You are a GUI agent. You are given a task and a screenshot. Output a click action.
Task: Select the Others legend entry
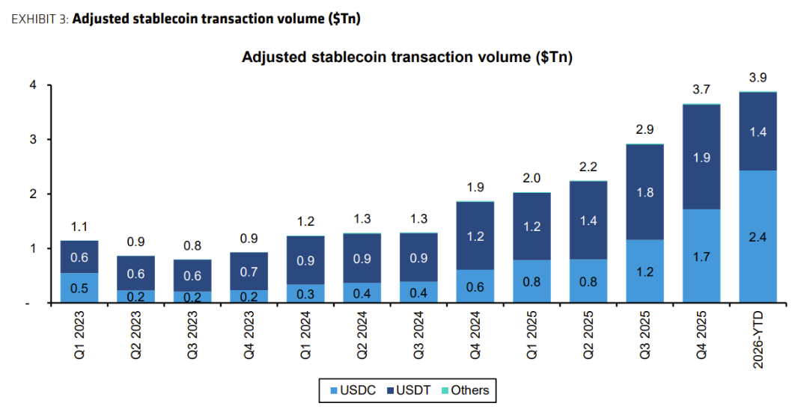463,390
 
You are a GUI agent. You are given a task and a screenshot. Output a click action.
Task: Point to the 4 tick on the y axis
33,85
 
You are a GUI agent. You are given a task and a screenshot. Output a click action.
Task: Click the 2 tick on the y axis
33,194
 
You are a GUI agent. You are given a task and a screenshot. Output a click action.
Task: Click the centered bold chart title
407,58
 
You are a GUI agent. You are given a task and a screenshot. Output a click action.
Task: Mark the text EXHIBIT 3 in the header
39,19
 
